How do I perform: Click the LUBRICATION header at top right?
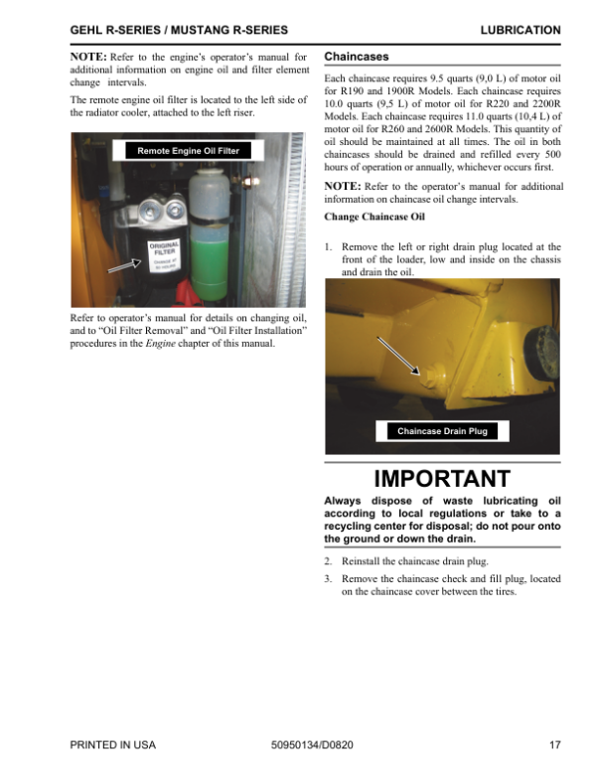520,31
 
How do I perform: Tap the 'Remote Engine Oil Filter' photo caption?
188,151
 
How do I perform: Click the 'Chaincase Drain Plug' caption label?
443,431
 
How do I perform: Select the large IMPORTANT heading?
442,479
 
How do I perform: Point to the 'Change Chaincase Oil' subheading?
374,217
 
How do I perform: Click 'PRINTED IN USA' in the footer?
113,744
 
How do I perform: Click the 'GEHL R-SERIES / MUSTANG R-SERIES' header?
180,31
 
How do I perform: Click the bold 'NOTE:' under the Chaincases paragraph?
344,187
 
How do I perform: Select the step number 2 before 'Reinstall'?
329,561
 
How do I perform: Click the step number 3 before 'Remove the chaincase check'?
329,578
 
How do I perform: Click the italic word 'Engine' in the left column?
160,344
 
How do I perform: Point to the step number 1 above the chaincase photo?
329,246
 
